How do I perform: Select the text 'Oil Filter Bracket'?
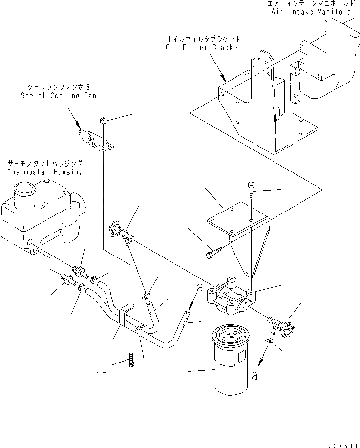coord(203,47)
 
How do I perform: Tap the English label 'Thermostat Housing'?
coord(44,172)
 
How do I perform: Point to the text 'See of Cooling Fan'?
coord(58,95)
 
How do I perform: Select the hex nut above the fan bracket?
coord(103,120)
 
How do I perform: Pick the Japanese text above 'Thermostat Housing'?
coord(44,163)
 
